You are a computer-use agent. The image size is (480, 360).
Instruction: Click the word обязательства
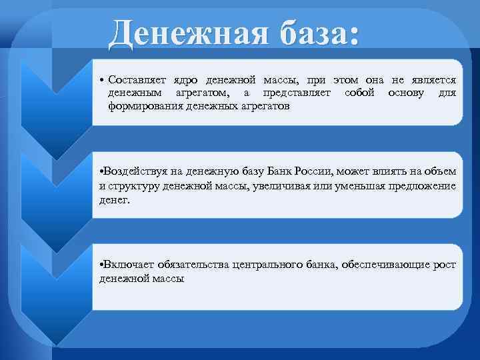pyautogui.click(x=193, y=265)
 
